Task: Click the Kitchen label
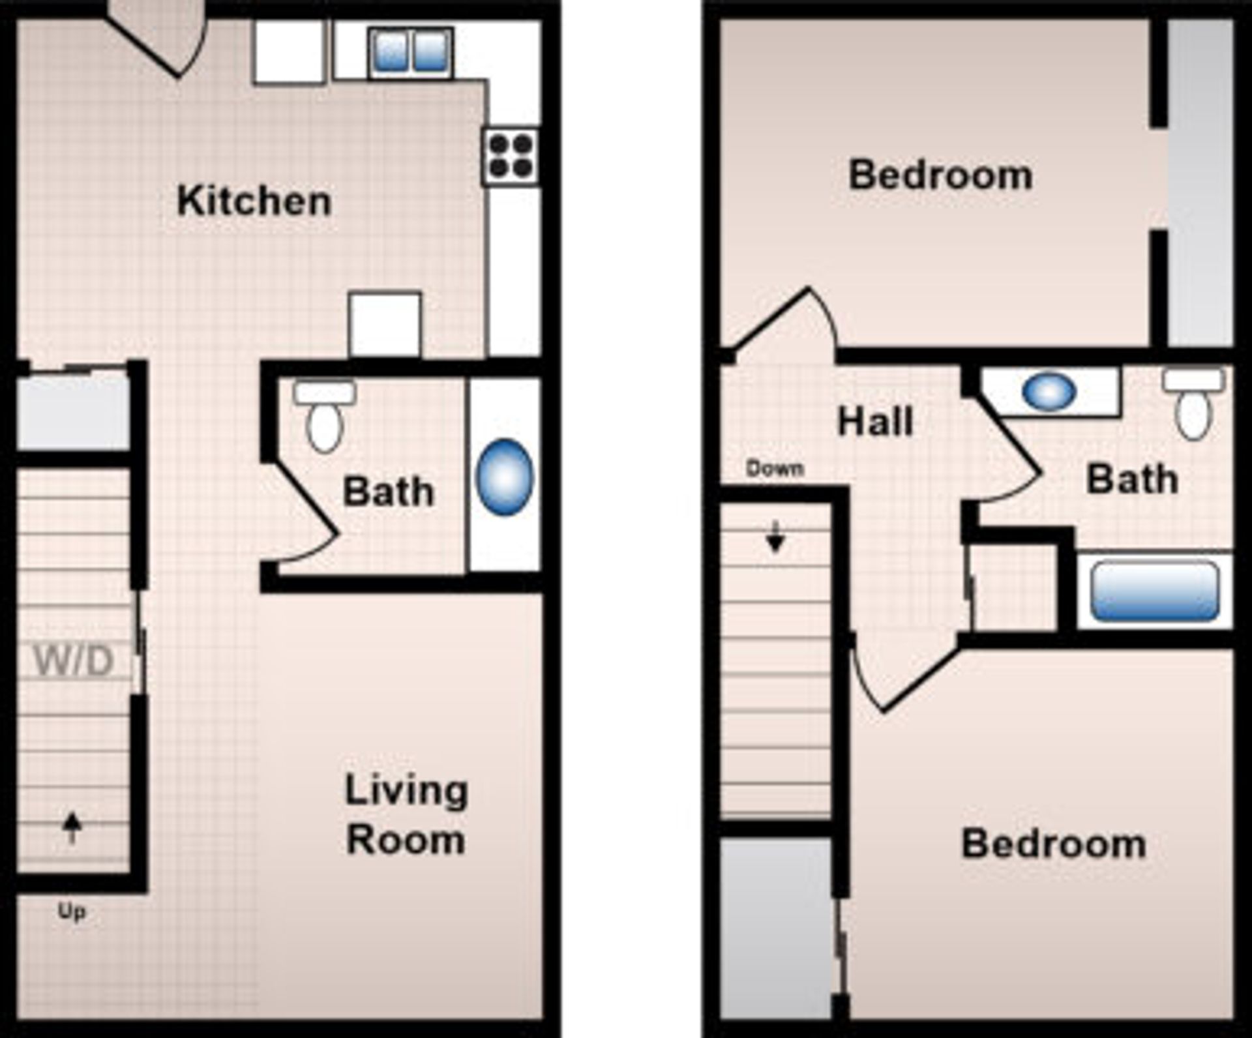(254, 201)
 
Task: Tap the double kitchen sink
(411, 52)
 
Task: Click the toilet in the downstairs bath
(325, 421)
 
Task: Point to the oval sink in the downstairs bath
(505, 478)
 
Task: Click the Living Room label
(406, 815)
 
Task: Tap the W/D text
(74, 660)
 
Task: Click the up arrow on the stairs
(72, 827)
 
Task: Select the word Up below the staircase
(71, 912)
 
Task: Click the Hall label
(874, 422)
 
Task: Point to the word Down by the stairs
(775, 468)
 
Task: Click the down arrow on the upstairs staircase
(775, 537)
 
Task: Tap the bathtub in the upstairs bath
(1154, 591)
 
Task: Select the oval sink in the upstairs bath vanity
(1049, 392)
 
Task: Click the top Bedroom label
(940, 175)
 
